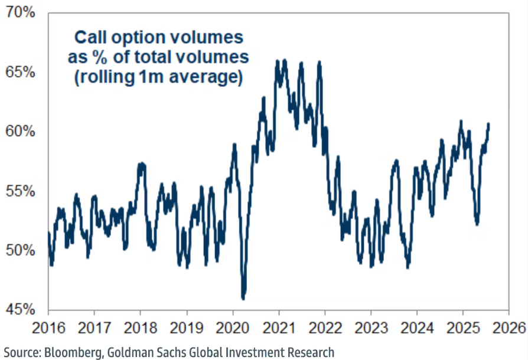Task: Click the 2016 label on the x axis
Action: click(x=48, y=328)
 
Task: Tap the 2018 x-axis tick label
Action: click(x=141, y=328)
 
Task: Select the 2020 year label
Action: click(x=233, y=328)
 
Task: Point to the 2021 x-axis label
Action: click(x=279, y=328)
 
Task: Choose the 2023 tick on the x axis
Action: click(x=371, y=328)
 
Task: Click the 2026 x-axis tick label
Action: click(x=509, y=328)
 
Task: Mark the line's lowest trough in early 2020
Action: click(x=243, y=298)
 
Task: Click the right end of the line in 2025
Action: click(x=488, y=124)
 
